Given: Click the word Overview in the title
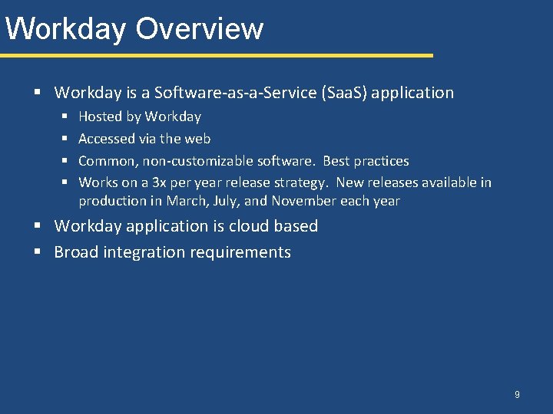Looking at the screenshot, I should coord(200,28).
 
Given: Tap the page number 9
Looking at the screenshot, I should coord(517,394).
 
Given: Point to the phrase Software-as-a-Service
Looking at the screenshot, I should coord(233,93).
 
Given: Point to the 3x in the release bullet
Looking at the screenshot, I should coord(159,182).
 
